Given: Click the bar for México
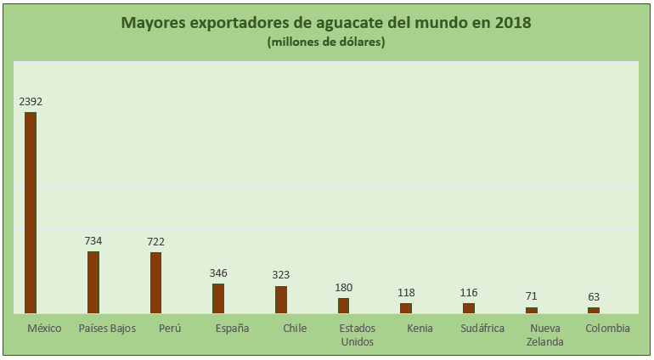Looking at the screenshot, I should (x=31, y=212).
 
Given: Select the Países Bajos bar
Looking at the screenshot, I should (x=93, y=282).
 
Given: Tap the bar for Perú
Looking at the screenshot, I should (x=156, y=283).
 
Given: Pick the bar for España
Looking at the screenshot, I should (x=218, y=298).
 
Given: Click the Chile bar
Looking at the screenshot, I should (x=281, y=300).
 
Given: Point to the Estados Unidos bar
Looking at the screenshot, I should (x=343, y=306).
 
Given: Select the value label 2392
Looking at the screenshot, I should (x=31, y=102).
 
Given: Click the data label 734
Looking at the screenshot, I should (x=93, y=241).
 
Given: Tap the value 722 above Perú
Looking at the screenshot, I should (x=156, y=242).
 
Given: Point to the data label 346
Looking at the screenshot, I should (x=218, y=273).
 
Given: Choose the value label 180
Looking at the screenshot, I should (x=343, y=288).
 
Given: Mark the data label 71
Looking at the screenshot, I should (x=532, y=296).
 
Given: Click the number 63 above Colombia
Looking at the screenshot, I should (x=594, y=297).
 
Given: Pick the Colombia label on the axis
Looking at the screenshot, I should (x=608, y=329).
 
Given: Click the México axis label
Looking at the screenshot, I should (x=44, y=329).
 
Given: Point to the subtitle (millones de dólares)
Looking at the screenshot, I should (x=326, y=42).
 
